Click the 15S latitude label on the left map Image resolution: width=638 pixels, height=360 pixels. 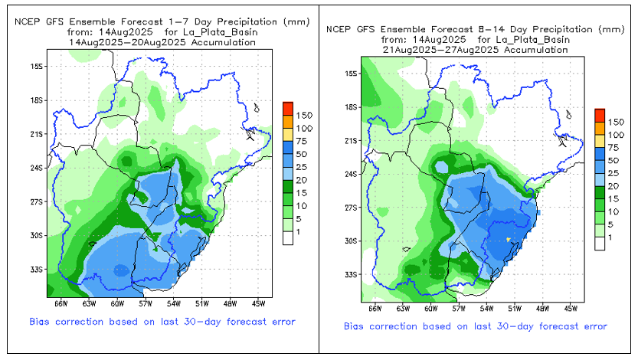coord(34,66)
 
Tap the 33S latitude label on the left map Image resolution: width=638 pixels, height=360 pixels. coord(34,270)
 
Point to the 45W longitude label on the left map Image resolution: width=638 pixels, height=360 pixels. coord(257,304)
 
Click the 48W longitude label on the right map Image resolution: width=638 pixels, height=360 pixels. coord(542,309)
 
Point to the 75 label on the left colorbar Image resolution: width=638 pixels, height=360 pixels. coord(301,141)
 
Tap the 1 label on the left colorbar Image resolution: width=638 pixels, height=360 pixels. coord(299,231)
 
